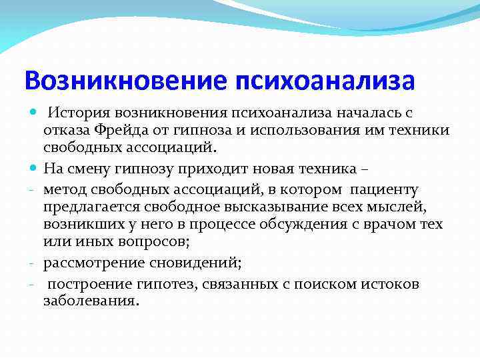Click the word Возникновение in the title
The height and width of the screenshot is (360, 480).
pyautogui.click(x=127, y=81)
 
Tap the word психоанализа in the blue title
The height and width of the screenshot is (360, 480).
pyautogui.click(x=325, y=81)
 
